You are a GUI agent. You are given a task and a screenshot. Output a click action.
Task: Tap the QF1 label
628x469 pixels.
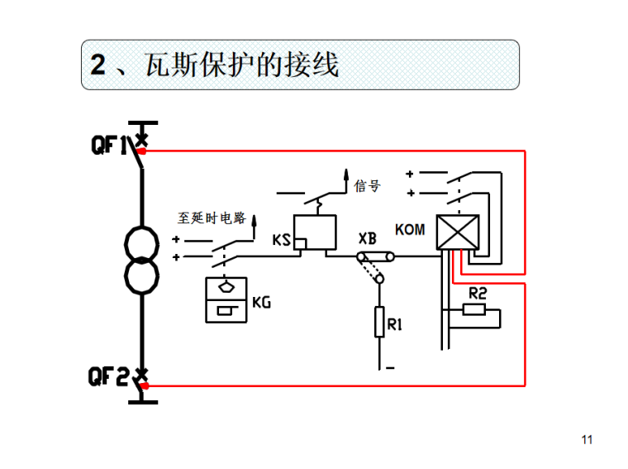pos(110,146)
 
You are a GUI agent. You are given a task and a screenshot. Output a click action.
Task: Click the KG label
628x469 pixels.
pos(261,303)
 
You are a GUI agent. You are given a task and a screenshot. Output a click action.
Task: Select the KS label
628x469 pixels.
pos(282,240)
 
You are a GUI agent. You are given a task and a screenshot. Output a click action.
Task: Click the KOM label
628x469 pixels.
pos(410,229)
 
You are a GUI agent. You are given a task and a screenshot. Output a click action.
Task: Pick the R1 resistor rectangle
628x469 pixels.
pos(380,321)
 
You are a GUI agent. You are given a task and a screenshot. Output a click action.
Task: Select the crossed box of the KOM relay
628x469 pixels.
pos(454,232)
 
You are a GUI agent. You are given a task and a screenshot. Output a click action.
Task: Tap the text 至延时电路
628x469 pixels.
pos(212,218)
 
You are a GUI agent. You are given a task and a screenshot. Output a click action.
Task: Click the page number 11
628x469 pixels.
pos(588,439)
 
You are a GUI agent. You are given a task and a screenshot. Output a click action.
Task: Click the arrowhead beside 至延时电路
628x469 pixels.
pos(255,219)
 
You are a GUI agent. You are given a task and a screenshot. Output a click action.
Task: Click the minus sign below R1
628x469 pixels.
pos(388,366)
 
